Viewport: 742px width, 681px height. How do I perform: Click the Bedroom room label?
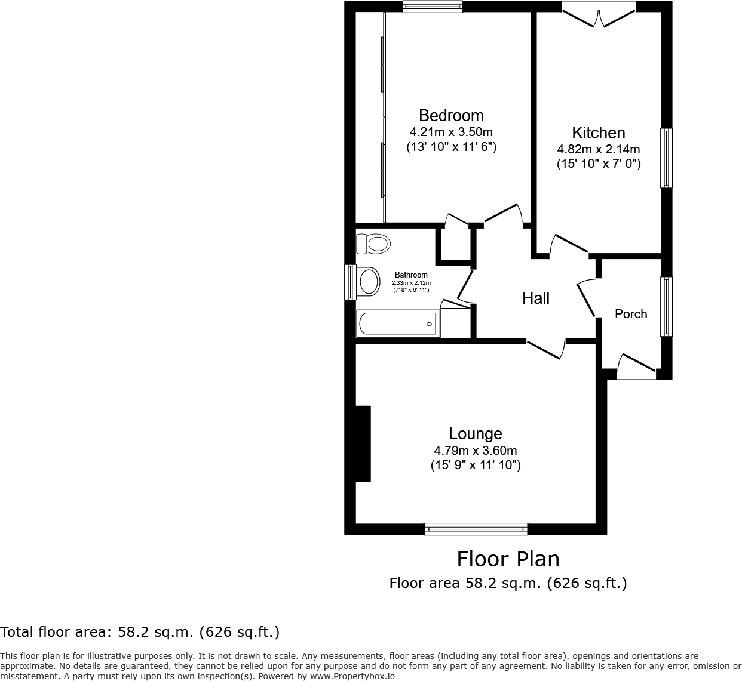coord(451,116)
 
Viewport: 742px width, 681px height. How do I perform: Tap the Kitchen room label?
coord(598,133)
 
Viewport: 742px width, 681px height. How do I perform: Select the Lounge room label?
coord(476,434)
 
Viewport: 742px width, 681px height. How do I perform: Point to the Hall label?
coord(536,298)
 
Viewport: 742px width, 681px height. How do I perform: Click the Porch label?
coord(631,314)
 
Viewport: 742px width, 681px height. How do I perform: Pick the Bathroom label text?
coord(411,275)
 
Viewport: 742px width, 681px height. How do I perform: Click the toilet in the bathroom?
coord(373,244)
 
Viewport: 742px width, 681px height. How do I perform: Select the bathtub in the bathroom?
coord(398,324)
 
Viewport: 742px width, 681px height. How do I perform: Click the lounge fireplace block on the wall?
coord(363,443)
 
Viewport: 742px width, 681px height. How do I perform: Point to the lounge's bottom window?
coord(476,529)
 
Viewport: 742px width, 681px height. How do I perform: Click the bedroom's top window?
coord(433,7)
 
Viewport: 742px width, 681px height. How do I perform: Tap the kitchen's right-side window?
coord(666,158)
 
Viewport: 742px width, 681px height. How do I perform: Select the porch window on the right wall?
coord(666,306)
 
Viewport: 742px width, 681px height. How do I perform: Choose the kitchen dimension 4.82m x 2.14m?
coord(598,149)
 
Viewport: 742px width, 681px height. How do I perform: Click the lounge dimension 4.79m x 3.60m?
coord(476,451)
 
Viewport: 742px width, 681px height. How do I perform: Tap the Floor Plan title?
coord(508,559)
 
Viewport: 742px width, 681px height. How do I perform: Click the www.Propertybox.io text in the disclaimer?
coord(352,676)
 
